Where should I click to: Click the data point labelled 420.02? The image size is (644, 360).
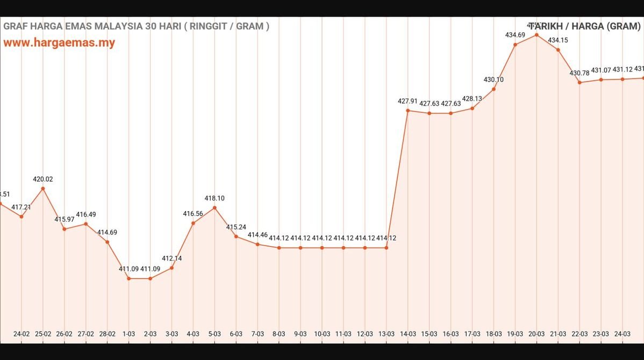pos(43,189)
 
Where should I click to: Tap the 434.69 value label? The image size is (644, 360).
pos(515,35)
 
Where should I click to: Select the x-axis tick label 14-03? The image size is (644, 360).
pos(408,334)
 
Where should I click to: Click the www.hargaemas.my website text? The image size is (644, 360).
pos(59,43)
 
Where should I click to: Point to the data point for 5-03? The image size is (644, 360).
pos(214,207)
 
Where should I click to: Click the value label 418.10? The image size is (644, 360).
pos(214,198)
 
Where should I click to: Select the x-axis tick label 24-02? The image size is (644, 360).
pos(22,334)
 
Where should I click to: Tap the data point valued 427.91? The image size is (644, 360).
pos(408,111)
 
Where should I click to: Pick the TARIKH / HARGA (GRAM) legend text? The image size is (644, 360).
pos(586,26)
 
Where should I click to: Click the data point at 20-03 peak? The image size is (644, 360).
pos(536,35)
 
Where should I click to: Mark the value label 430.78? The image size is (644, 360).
pos(579,73)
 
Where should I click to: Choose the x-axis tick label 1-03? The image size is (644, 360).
pos(129,334)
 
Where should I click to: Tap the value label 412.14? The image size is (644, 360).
pos(171,258)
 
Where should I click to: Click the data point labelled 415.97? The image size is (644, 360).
pos(65,229)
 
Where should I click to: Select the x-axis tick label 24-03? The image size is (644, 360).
pos(622,334)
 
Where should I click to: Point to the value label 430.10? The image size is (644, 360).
pos(493,80)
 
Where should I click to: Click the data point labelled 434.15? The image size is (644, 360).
pos(558,50)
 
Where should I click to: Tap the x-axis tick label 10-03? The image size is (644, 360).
pos(322,334)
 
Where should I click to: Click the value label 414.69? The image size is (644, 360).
pos(107,232)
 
